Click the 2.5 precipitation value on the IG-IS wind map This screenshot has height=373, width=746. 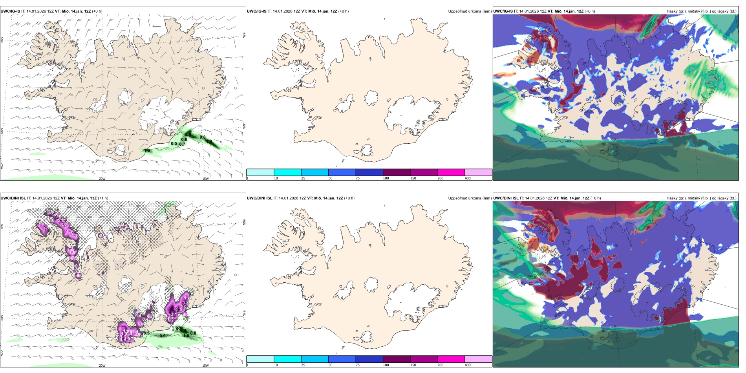click(188, 135)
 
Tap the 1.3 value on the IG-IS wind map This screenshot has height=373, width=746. click(147, 150)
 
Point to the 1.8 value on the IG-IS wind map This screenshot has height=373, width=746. click(209, 141)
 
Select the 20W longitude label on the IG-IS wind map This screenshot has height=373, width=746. click(102, 179)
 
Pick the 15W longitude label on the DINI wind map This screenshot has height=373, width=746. click(205, 366)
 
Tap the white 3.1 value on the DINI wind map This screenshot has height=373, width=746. click(173, 314)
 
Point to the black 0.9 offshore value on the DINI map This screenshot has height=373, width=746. click(162, 336)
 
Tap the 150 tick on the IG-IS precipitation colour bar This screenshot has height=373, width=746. click(413, 178)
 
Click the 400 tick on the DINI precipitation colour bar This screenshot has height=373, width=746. click(468, 365)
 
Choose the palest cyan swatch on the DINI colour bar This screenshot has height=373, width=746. click(260, 359)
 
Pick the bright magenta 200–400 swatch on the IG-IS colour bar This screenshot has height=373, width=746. click(451, 172)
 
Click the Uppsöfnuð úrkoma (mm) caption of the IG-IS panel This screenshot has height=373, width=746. click(470, 11)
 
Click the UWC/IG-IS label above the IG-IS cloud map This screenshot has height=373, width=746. click(503, 11)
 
